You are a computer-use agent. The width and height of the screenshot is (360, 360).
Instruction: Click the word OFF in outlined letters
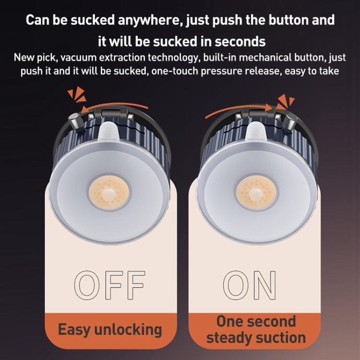tap(110, 285)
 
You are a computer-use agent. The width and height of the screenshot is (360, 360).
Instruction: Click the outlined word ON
tap(250, 285)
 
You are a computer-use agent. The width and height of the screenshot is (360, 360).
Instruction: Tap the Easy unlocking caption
tap(110, 330)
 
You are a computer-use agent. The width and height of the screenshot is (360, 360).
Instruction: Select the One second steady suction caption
tap(256, 329)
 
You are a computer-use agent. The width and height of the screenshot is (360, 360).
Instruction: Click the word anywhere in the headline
tap(149, 20)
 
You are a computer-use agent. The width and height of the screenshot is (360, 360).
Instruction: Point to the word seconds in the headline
tap(240, 42)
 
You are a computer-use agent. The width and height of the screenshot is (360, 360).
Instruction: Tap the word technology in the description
tap(172, 58)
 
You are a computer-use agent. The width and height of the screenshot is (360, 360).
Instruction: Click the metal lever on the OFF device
tap(75, 121)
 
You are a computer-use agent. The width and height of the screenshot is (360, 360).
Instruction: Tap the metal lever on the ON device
tap(290, 121)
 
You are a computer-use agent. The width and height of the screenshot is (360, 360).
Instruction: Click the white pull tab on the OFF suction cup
tap(108, 132)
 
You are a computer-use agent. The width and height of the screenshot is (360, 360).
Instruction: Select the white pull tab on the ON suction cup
tap(256, 132)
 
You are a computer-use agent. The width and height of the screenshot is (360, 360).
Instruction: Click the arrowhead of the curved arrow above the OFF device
tap(85, 109)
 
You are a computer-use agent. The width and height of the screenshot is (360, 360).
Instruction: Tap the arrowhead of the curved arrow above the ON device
tap(269, 108)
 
